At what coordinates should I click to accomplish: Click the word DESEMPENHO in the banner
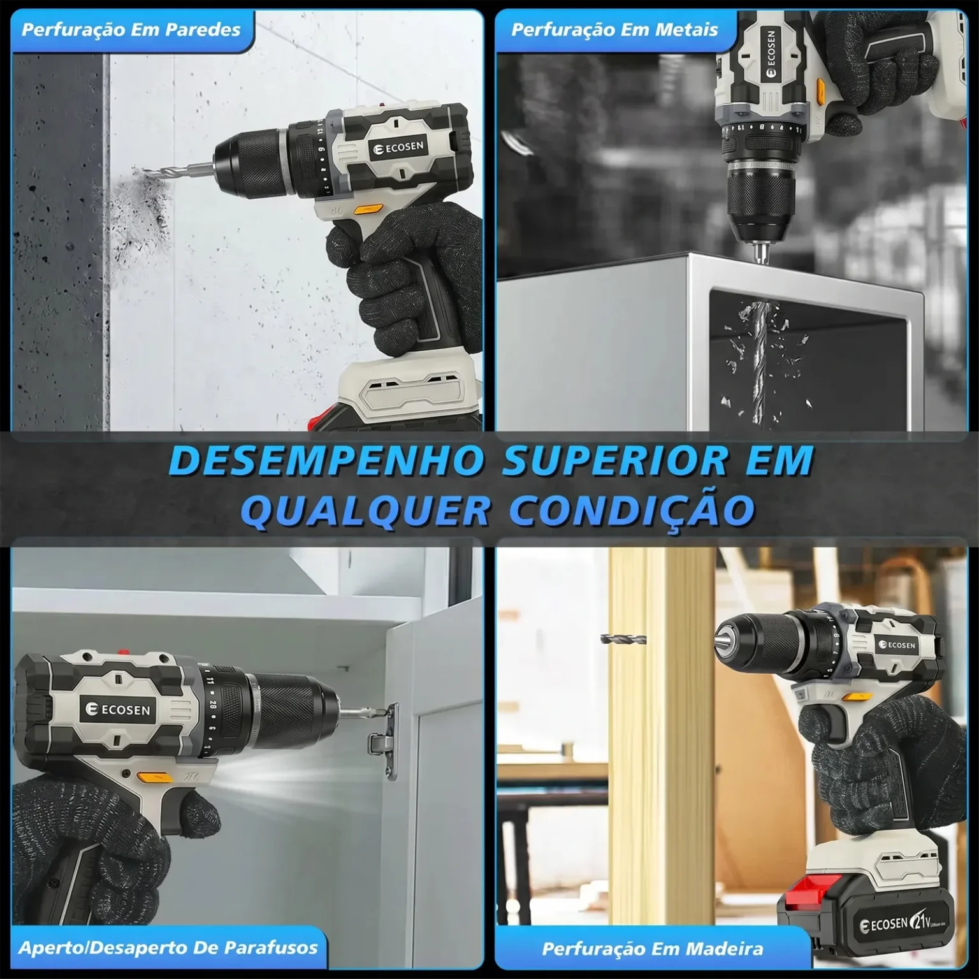coord(323,460)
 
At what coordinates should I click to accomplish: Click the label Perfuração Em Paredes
coord(131,29)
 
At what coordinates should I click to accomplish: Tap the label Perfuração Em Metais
coord(614,29)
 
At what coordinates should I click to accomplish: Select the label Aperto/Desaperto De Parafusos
coord(168,947)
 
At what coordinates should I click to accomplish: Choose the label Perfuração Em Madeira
coord(652,948)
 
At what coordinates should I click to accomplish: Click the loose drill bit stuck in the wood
coord(623,639)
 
